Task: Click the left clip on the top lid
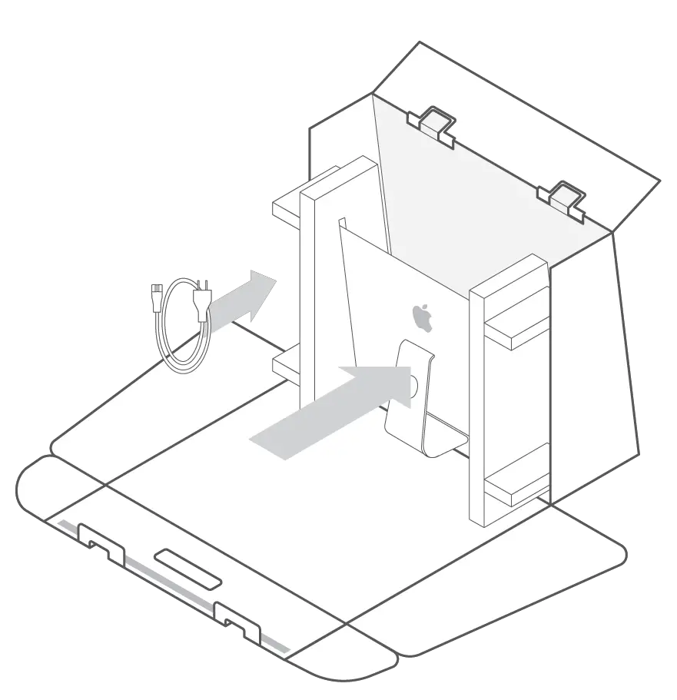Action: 433,123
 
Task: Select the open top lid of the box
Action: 523,115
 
